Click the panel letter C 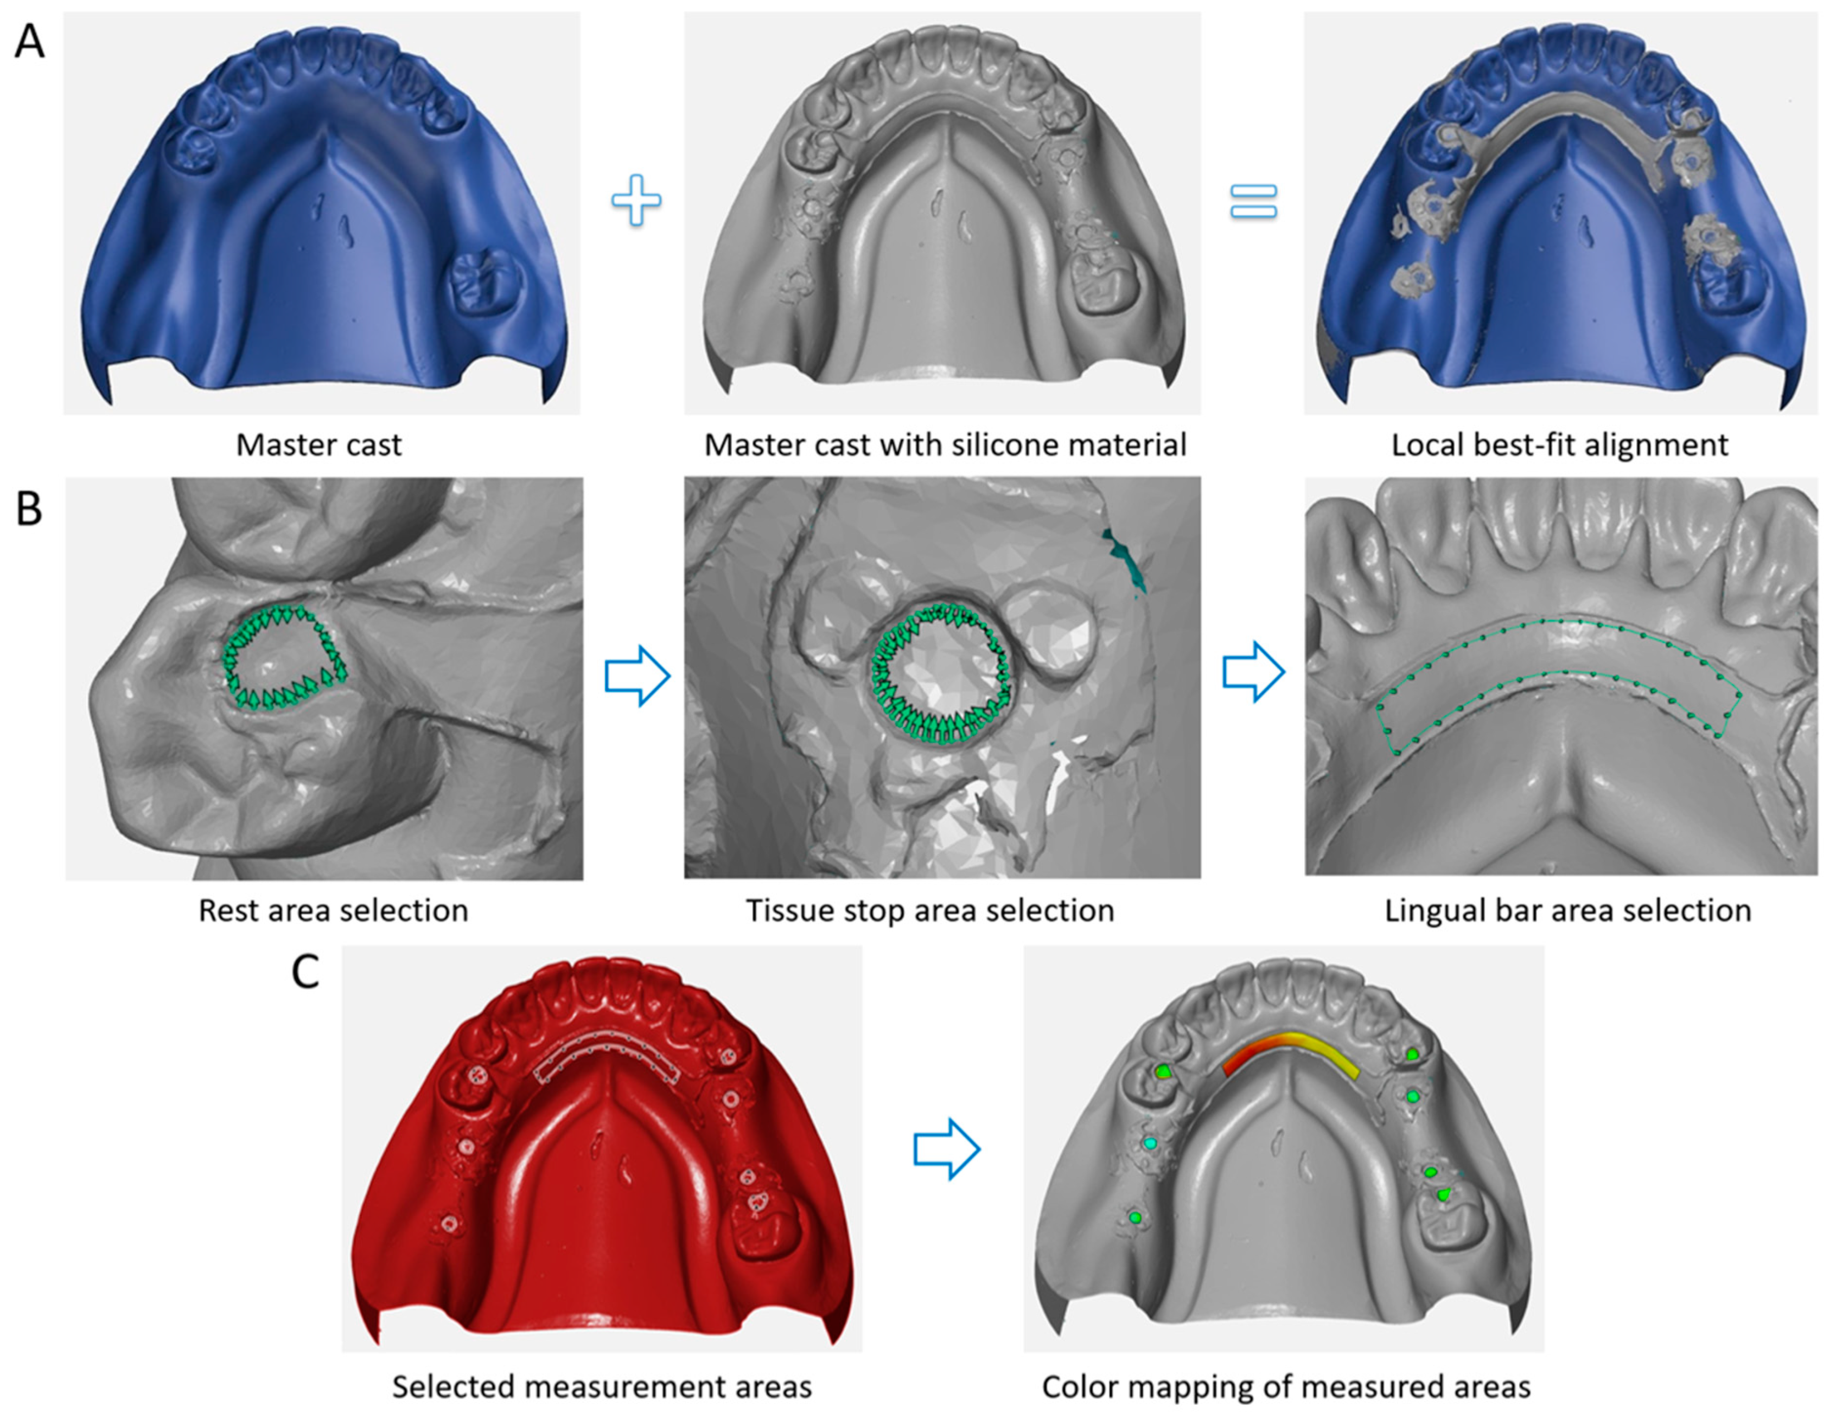coord(305,973)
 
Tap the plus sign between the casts coord(636,201)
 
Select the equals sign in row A coord(1253,202)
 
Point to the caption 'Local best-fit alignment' coord(1559,445)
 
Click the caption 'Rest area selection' coord(333,910)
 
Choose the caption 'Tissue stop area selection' coord(930,910)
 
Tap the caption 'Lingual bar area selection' coord(1568,910)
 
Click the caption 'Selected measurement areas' coord(602,1386)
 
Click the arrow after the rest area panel coord(637,676)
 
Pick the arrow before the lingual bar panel coord(1253,672)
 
